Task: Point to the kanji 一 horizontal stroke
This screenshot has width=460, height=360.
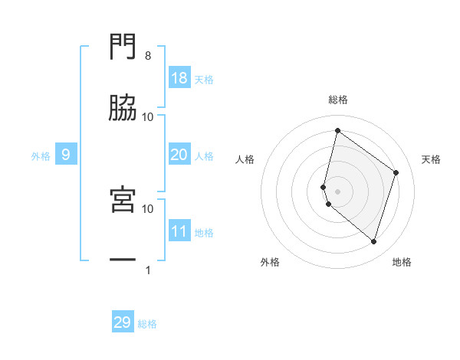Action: pyautogui.click(x=123, y=260)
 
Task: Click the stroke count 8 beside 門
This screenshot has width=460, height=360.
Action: pyautogui.click(x=148, y=56)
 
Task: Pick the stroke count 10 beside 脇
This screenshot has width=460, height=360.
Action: pyautogui.click(x=148, y=116)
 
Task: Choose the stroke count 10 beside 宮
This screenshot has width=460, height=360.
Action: pyautogui.click(x=148, y=208)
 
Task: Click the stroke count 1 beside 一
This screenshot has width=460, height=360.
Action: pyautogui.click(x=148, y=270)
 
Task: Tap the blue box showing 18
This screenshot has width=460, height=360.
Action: pyautogui.click(x=179, y=78)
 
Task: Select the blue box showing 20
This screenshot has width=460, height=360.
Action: pyautogui.click(x=179, y=155)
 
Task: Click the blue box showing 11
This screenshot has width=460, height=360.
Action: pyautogui.click(x=179, y=231)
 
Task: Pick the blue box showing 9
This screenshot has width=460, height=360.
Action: pyautogui.click(x=66, y=155)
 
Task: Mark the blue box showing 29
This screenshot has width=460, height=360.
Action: pyautogui.click(x=123, y=322)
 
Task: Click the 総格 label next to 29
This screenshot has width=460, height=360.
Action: pyautogui.click(x=148, y=324)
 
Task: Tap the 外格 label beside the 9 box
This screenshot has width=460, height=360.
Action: pyautogui.click(x=41, y=156)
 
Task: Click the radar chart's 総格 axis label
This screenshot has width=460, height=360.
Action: pyautogui.click(x=338, y=100)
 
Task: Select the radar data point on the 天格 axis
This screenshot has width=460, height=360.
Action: pyautogui.click(x=396, y=172)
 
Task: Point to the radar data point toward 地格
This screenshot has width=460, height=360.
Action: pyautogui.click(x=374, y=242)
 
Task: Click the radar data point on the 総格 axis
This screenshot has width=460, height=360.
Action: pyautogui.click(x=337, y=130)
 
